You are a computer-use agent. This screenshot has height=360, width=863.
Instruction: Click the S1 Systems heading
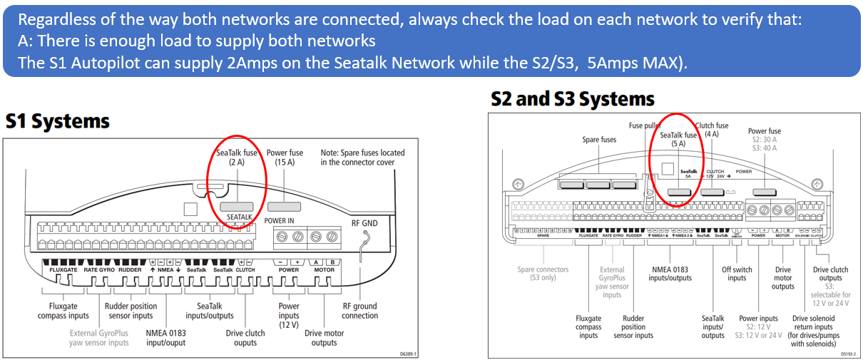[58, 121]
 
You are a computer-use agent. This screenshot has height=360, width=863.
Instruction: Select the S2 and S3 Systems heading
[573, 98]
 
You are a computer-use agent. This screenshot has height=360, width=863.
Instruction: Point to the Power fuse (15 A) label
[285, 158]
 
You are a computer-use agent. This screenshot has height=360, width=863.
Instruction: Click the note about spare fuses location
[362, 158]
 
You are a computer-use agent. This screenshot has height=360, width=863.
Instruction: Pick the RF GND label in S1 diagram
[364, 223]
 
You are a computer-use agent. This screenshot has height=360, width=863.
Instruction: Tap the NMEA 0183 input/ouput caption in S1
[165, 337]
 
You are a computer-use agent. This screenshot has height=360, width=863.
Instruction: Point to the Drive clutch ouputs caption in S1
[245, 337]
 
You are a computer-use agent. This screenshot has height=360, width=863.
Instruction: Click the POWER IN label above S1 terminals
[280, 221]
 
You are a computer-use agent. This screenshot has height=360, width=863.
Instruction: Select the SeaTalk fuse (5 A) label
[678, 138]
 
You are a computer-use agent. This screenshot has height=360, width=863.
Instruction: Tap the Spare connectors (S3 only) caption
[543, 274]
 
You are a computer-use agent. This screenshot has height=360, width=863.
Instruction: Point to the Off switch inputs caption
[737, 274]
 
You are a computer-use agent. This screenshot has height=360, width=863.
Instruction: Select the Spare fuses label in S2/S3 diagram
[599, 140]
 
